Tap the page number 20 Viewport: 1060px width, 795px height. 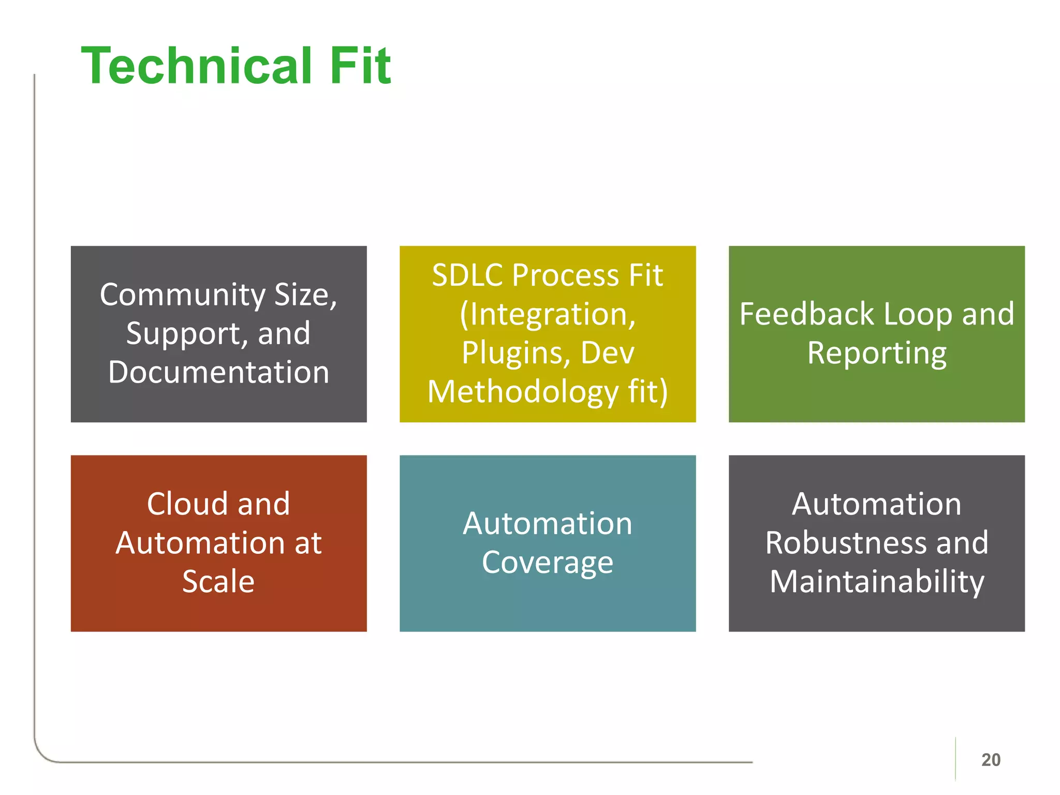click(991, 760)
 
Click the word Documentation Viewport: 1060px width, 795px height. click(218, 372)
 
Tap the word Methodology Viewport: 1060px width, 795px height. click(523, 392)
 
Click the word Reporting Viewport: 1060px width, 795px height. click(877, 354)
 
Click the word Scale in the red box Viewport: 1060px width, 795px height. click(218, 581)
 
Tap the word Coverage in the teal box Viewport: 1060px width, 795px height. click(547, 563)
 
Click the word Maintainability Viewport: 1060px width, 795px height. click(877, 581)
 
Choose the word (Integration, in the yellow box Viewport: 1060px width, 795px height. click(548, 314)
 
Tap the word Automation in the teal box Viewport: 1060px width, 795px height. click(547, 523)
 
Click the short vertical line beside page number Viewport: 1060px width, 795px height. click(955, 759)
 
